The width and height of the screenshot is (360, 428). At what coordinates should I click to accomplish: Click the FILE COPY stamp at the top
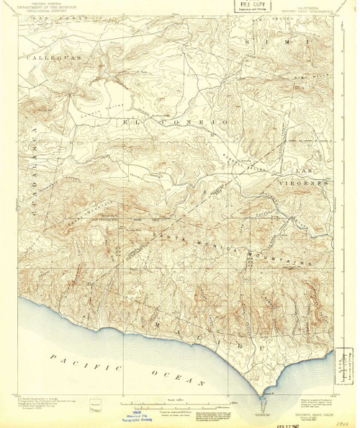252,6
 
